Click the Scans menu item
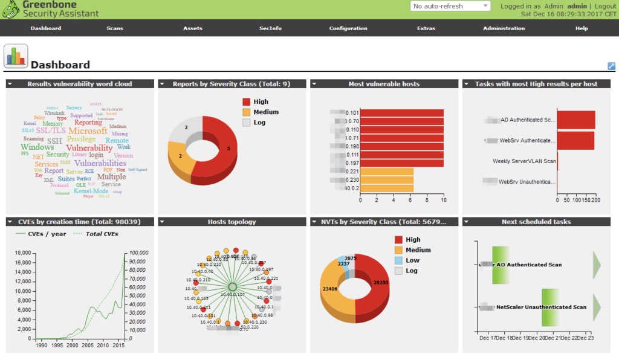tap(114, 28)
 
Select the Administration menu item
tap(504, 28)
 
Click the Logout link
tap(605, 6)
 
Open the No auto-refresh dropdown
tap(450, 6)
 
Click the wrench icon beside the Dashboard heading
tap(611, 66)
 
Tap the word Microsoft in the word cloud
tap(88, 130)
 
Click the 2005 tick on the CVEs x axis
tap(88, 345)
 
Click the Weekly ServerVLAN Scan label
tap(524, 161)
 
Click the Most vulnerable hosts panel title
tap(384, 84)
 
